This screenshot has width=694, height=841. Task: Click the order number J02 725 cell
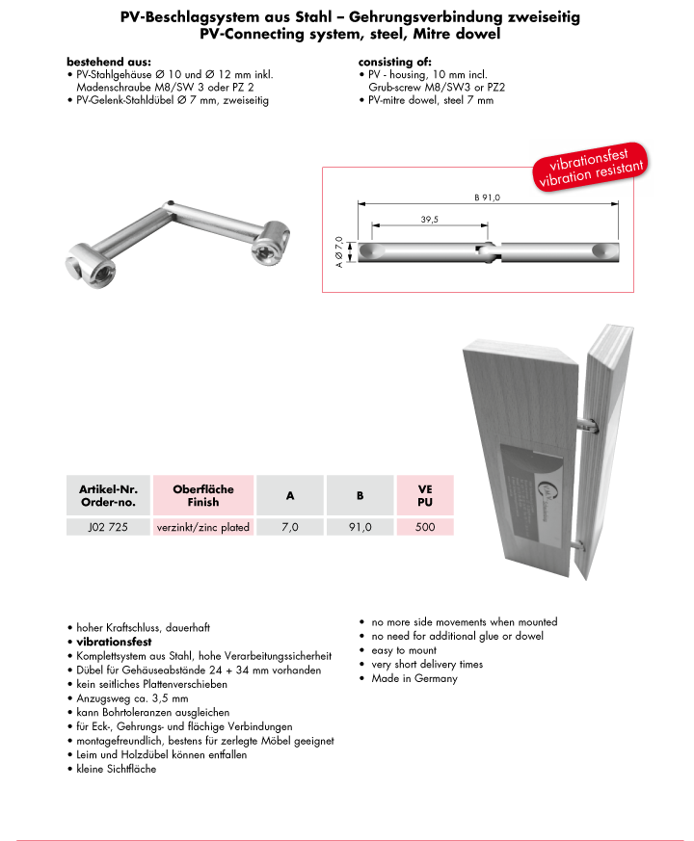[x=108, y=527]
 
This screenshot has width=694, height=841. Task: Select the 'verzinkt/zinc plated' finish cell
[x=203, y=527]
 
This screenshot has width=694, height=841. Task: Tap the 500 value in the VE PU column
[x=424, y=527]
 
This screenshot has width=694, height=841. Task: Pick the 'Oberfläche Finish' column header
[x=203, y=495]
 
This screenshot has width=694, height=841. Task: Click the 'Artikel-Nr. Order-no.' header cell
[x=108, y=495]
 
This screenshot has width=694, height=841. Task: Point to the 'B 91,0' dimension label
[x=488, y=197]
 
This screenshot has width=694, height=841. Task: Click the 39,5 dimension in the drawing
[x=430, y=220]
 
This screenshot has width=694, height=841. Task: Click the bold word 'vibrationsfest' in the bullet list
[x=109, y=642]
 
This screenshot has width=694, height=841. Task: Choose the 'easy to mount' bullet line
[x=404, y=650]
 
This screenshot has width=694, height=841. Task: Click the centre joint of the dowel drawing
[x=491, y=251]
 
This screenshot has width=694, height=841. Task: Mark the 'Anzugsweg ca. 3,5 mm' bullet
[x=133, y=698]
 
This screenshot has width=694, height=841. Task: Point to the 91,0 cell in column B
[x=360, y=527]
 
